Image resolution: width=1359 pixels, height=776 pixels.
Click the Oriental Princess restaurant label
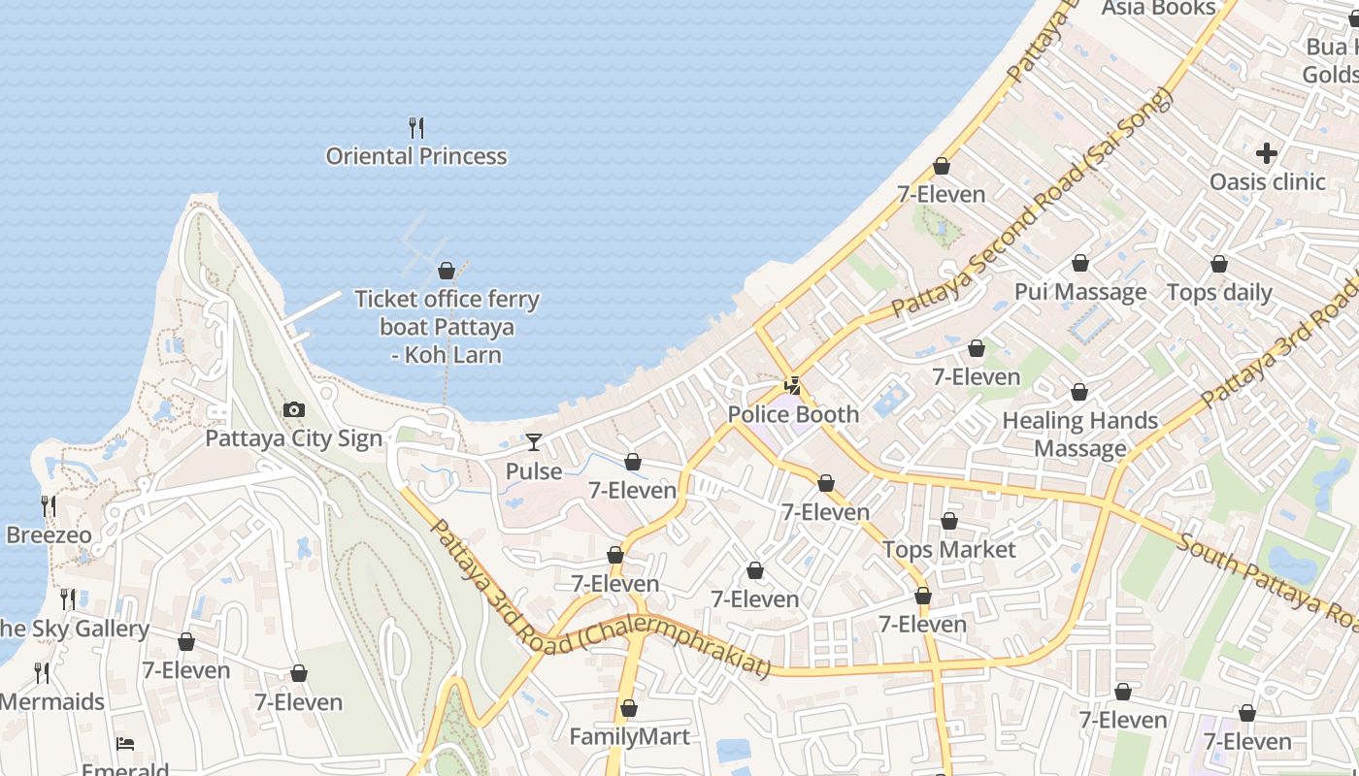click(416, 156)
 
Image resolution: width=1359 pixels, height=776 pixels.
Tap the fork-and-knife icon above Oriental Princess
click(416, 127)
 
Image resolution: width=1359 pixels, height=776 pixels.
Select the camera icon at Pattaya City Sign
click(293, 410)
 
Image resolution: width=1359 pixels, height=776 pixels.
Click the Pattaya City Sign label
click(293, 438)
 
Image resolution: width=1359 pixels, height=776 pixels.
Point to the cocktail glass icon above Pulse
click(534, 442)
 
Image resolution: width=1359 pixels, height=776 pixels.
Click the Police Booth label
click(793, 414)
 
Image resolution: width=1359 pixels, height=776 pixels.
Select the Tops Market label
click(948, 550)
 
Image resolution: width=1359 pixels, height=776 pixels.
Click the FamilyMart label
click(629, 736)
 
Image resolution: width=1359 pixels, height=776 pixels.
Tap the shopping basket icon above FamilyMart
click(629, 708)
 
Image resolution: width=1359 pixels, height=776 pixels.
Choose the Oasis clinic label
click(1267, 181)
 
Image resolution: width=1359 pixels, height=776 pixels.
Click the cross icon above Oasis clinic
click(1267, 153)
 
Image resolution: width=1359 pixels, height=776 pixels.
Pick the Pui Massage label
click(1079, 292)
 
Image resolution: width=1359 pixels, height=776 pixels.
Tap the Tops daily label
click(1218, 292)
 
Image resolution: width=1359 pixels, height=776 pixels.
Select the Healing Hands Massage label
click(1079, 434)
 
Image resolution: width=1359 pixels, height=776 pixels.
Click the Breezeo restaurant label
click(49, 535)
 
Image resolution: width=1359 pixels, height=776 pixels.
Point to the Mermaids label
click(51, 701)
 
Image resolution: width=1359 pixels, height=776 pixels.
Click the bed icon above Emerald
click(125, 744)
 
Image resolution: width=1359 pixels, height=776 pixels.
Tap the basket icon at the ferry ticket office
click(447, 271)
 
